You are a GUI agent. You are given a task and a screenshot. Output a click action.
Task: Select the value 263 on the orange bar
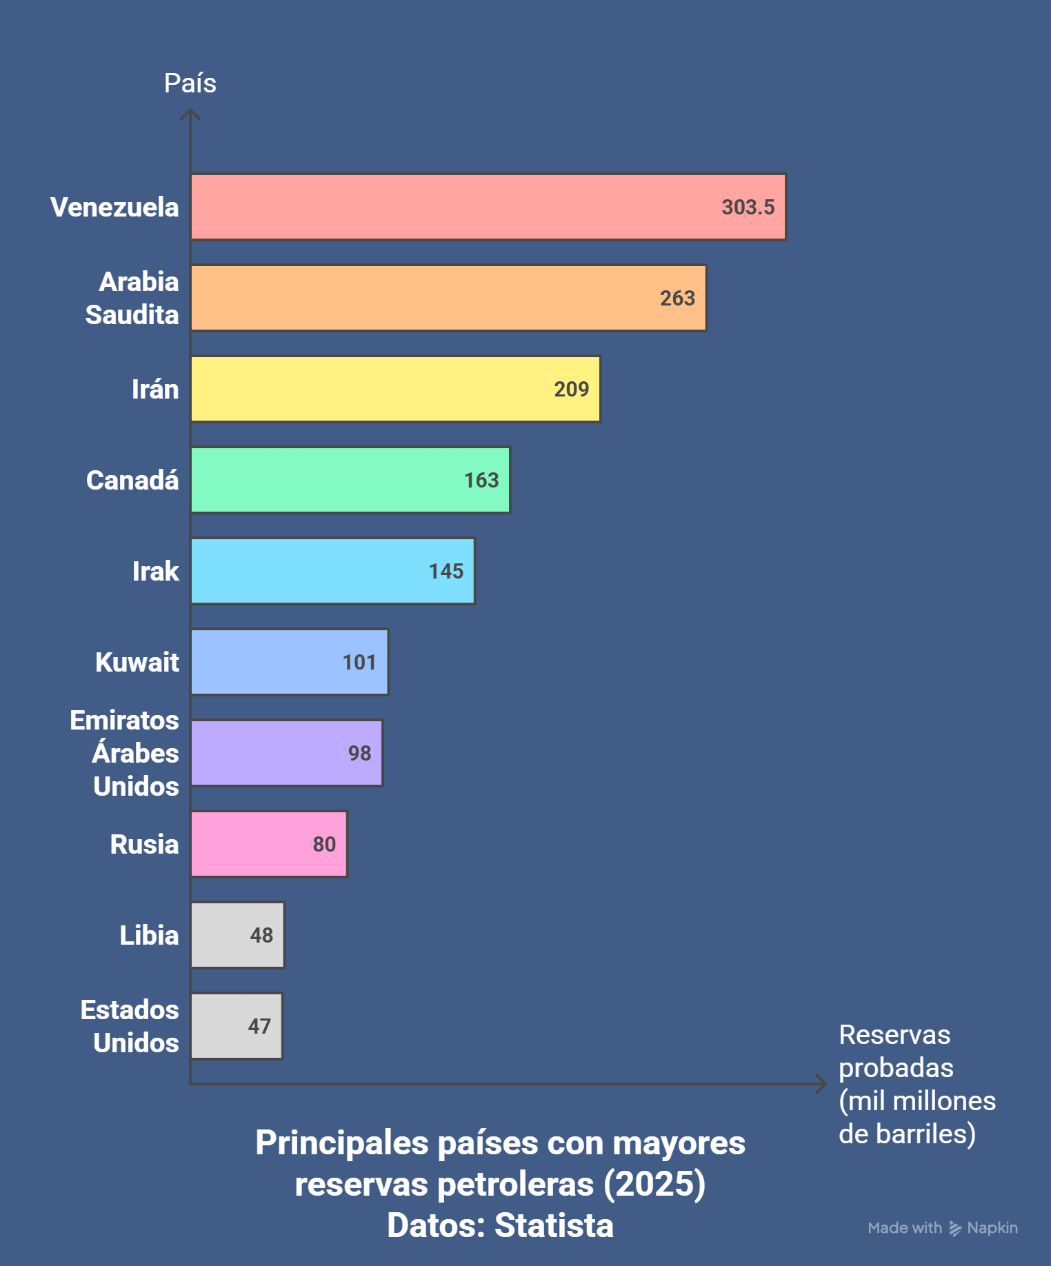point(677,298)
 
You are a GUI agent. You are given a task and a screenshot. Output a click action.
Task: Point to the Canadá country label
point(132,480)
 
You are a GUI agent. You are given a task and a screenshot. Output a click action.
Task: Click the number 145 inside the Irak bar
point(446,571)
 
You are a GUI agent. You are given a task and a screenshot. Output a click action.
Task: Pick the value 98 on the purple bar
point(359,753)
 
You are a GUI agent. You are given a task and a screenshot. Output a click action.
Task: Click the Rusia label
point(144,844)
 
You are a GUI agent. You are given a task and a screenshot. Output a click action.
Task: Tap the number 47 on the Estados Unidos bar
point(259,1026)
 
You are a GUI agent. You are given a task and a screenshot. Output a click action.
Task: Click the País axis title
point(190,83)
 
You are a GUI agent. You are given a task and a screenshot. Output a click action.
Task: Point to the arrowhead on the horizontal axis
point(821,1083)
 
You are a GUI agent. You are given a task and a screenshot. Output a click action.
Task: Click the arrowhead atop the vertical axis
point(190,114)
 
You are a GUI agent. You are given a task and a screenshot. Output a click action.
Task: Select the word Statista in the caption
point(554,1225)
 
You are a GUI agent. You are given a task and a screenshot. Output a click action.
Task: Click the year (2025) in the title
point(654,1184)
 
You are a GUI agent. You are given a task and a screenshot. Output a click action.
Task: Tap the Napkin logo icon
point(955,1228)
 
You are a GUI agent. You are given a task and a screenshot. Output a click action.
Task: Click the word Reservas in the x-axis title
point(894,1034)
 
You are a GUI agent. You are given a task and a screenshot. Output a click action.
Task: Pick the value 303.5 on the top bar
point(748,207)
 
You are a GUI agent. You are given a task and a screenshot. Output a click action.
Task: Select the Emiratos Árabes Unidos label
point(125,753)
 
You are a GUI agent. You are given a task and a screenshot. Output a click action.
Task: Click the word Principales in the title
point(342,1143)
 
